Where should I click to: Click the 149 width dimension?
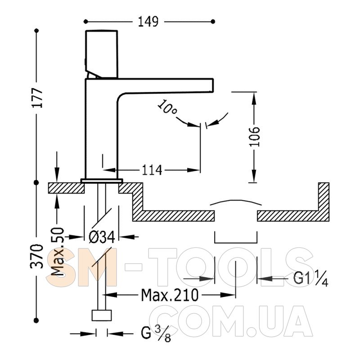pyautogui.click(x=148, y=22)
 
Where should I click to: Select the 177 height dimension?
pyautogui.click(x=37, y=98)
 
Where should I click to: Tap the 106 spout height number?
pyautogui.click(x=254, y=137)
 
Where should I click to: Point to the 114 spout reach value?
pyautogui.click(x=152, y=170)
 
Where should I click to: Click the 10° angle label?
pyautogui.click(x=167, y=107)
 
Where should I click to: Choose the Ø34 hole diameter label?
pyautogui.click(x=102, y=237)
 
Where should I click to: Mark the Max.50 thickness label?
pyautogui.click(x=58, y=252)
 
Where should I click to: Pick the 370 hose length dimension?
pyautogui.click(x=37, y=256)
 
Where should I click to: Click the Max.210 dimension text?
pyautogui.click(x=170, y=295)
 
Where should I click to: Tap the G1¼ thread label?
pyautogui.click(x=310, y=278)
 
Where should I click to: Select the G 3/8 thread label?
pyautogui.click(x=156, y=333)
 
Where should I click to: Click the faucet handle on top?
pyautogui.click(x=102, y=54)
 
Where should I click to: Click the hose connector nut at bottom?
pyautogui.click(x=102, y=315)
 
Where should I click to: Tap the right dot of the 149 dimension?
pyautogui.click(x=213, y=22)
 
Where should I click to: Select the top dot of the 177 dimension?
pyautogui.click(x=36, y=31)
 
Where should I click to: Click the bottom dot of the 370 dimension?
pyautogui.click(x=36, y=320)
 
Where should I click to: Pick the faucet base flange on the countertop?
pyautogui.click(x=102, y=181)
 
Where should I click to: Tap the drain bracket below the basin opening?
pyautogui.click(x=236, y=243)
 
